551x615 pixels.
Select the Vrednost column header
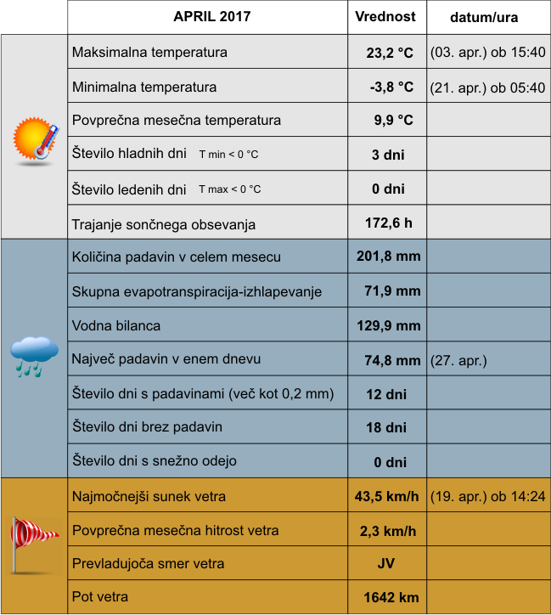(385, 16)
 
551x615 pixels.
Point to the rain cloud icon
(35, 356)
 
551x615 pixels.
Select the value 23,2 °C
(390, 53)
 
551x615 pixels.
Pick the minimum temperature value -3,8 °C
(391, 87)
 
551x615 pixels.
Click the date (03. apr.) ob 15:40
(488, 53)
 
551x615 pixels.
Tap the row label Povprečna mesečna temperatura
(177, 120)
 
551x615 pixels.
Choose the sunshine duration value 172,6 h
(388, 223)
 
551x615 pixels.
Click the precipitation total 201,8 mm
(388, 257)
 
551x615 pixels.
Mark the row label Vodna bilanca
(116, 325)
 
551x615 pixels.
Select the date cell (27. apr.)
(459, 360)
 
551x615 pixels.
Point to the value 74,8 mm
(392, 360)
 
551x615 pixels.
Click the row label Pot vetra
(100, 597)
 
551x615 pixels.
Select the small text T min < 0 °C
(228, 155)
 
